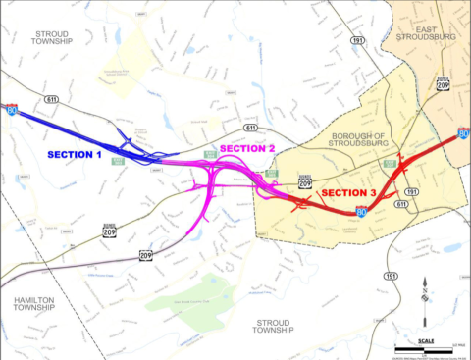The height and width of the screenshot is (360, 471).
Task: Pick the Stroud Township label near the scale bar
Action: point(276,326)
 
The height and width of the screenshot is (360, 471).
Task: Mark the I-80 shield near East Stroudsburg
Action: point(463,134)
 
